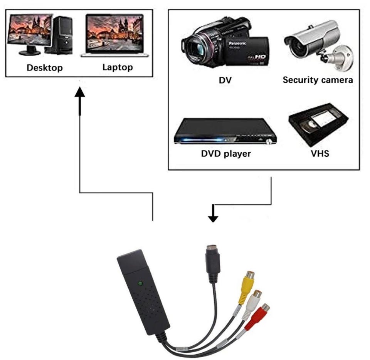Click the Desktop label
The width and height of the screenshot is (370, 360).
[x=44, y=68]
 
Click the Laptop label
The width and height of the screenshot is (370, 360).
[x=118, y=67]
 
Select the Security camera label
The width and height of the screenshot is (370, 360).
[x=318, y=80]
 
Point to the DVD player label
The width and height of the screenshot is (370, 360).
[x=226, y=154]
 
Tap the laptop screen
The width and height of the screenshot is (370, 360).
[x=114, y=34]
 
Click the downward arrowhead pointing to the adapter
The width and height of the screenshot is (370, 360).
[x=213, y=218]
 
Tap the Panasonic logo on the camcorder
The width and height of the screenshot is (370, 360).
[x=239, y=44]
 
